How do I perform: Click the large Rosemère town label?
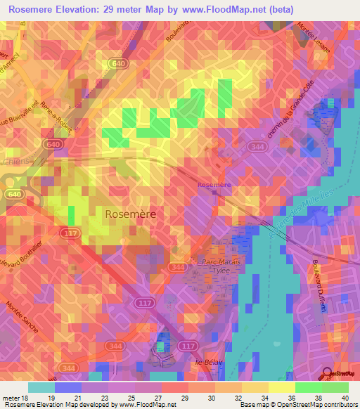pyautogui.click(x=131, y=214)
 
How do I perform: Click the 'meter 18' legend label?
pyautogui.click(x=15, y=398)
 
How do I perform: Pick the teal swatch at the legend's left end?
pyautogui.click(x=41, y=387)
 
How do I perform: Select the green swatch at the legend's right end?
pyautogui.click(x=335, y=387)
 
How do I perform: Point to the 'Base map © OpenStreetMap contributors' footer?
pyautogui.click(x=299, y=405)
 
